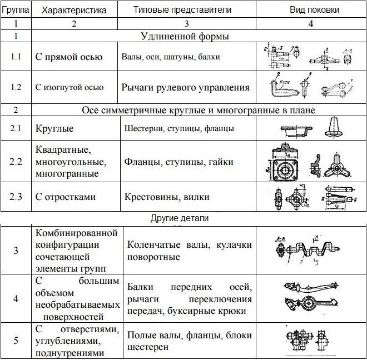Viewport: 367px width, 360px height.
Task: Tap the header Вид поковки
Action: [x=310, y=10]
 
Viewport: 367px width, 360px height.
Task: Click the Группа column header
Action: [x=16, y=10]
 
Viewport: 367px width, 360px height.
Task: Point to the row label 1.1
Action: [x=16, y=57]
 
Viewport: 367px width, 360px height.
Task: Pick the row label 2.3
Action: [x=16, y=197]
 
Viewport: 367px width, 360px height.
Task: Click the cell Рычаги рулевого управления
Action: [x=185, y=87]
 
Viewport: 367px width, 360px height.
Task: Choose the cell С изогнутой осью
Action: [x=70, y=87]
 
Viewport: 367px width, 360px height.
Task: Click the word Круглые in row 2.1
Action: [x=54, y=129]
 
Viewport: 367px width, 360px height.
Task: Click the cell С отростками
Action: [x=66, y=197]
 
